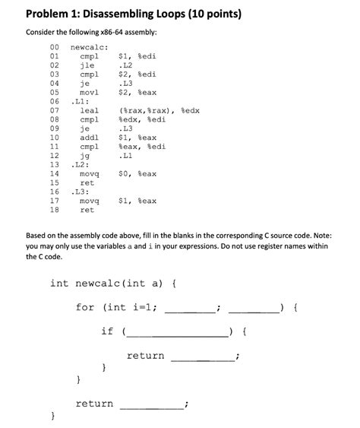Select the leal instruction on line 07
click(89, 111)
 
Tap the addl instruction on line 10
click(89, 137)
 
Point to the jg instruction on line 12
click(85, 155)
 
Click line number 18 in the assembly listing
click(54, 209)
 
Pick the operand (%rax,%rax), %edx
click(158, 111)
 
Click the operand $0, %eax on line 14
click(138, 173)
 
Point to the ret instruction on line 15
click(87, 182)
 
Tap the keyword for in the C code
click(85, 308)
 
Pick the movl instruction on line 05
click(89, 92)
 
